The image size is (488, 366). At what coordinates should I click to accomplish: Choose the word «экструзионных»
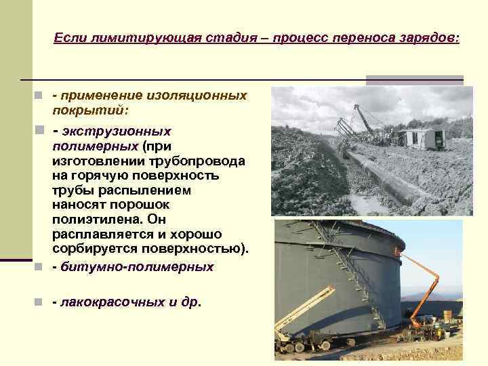coord(116,131)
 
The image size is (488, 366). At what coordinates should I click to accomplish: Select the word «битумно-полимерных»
coord(137,267)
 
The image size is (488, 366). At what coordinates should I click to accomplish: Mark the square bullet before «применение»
coord(40,96)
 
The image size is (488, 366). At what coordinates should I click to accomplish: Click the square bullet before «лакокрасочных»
coord(40,302)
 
